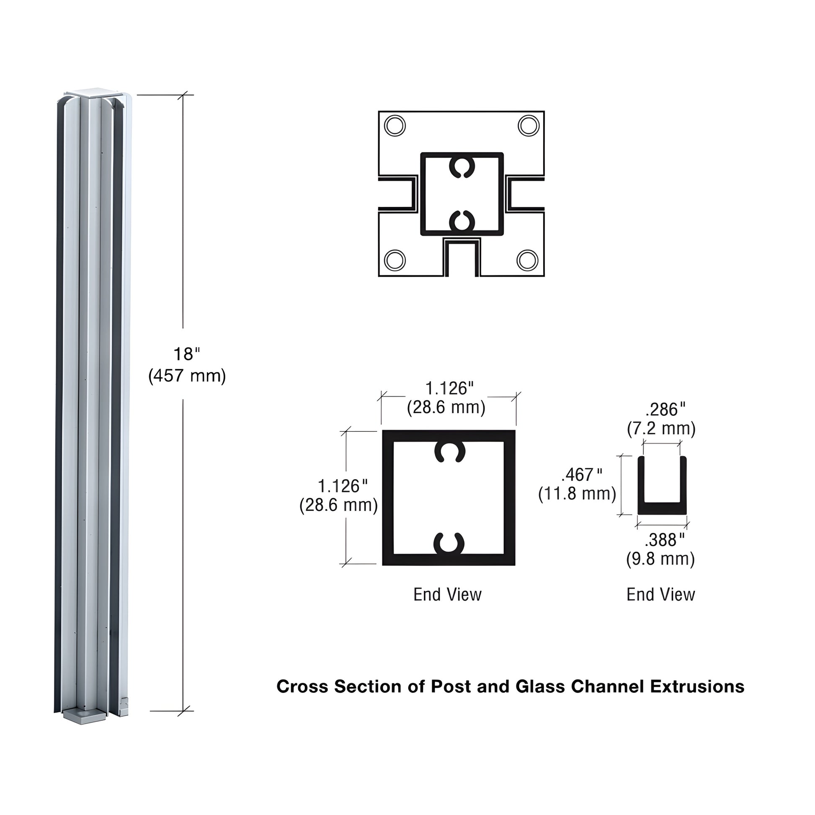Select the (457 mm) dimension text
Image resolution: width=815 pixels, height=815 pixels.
[187, 375]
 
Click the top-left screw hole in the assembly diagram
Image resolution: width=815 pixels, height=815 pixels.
[395, 125]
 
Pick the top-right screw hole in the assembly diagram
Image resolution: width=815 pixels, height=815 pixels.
[528, 125]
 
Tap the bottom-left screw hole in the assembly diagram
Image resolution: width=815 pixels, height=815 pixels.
[395, 260]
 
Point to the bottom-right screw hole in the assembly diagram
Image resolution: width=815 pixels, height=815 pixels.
[527, 260]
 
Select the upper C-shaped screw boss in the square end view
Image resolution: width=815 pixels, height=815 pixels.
[449, 452]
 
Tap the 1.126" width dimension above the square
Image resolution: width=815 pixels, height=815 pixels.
[449, 389]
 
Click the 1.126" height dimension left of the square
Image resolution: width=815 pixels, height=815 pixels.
[342, 486]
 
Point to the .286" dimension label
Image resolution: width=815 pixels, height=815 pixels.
[665, 410]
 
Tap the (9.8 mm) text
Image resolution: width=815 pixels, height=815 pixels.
[660, 559]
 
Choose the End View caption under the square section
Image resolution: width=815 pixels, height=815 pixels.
[447, 594]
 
